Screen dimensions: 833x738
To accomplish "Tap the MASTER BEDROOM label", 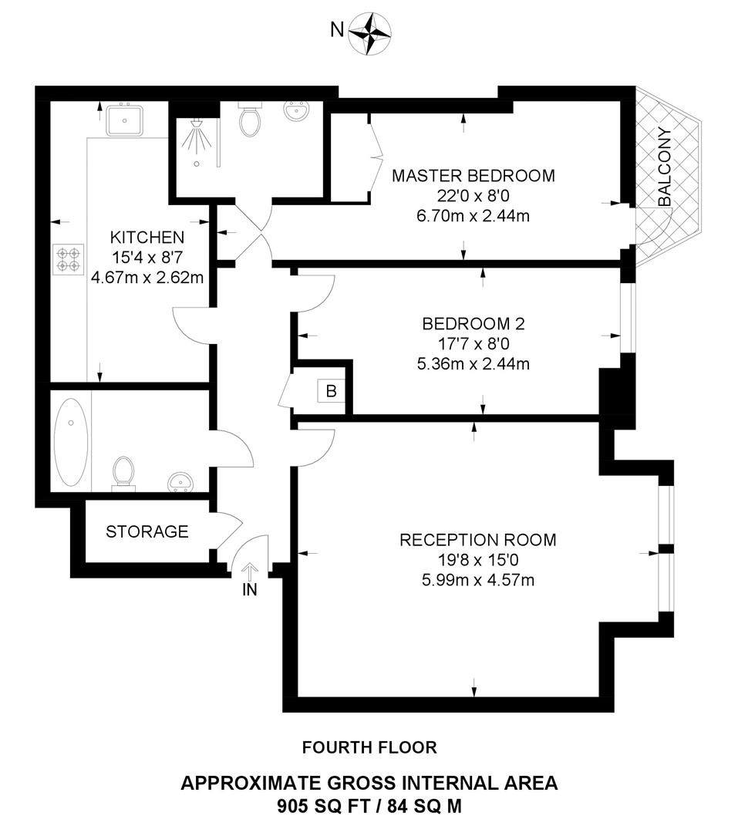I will [473, 176].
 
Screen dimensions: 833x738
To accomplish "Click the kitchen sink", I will [124, 120].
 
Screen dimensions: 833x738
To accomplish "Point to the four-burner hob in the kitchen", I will [69, 258].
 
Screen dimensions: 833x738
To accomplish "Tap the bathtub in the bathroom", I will [71, 443].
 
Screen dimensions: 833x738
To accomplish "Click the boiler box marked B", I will [331, 391].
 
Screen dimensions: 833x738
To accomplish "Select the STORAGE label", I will [147, 531].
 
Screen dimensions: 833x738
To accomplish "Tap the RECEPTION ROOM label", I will [477, 540].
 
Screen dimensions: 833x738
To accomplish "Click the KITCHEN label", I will [147, 237].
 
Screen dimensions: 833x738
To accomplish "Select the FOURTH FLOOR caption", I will [369, 747].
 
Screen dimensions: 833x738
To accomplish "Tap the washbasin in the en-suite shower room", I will [295, 113].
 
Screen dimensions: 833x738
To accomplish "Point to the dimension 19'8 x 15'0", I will [477, 560].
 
